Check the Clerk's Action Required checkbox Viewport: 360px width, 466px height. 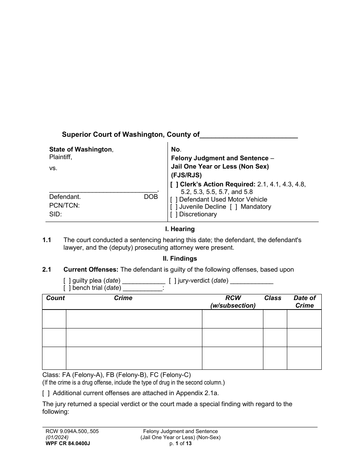click(174, 185)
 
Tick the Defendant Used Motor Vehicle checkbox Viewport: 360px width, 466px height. click(174, 200)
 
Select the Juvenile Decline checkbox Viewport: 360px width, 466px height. click(174, 207)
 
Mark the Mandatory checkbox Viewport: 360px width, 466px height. click(233, 207)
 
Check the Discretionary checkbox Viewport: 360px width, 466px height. click(174, 214)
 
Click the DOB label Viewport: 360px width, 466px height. click(150, 197)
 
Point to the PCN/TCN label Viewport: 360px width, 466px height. click(64, 206)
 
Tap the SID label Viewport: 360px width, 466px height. click(55, 214)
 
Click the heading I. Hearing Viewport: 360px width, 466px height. click(180, 229)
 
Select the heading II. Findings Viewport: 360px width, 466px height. click(180, 259)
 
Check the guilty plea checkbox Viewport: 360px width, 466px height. click(67, 281)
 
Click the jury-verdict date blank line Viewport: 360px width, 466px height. click(252, 281)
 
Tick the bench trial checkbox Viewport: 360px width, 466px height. click(67, 288)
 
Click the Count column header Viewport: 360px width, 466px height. click(55, 298)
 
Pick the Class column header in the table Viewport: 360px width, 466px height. click(273, 298)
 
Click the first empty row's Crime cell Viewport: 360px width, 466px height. click(134, 319)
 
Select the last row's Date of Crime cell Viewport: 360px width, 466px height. click(304, 358)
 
